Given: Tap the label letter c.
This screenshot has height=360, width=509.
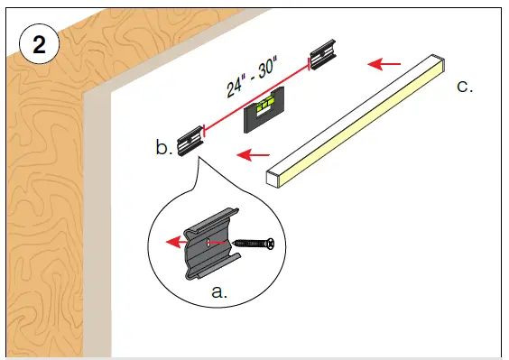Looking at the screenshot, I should point(465,87).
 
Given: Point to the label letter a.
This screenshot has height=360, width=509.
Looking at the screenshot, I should point(217,291).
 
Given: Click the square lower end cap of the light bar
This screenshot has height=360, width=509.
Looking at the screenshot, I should point(274,177).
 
